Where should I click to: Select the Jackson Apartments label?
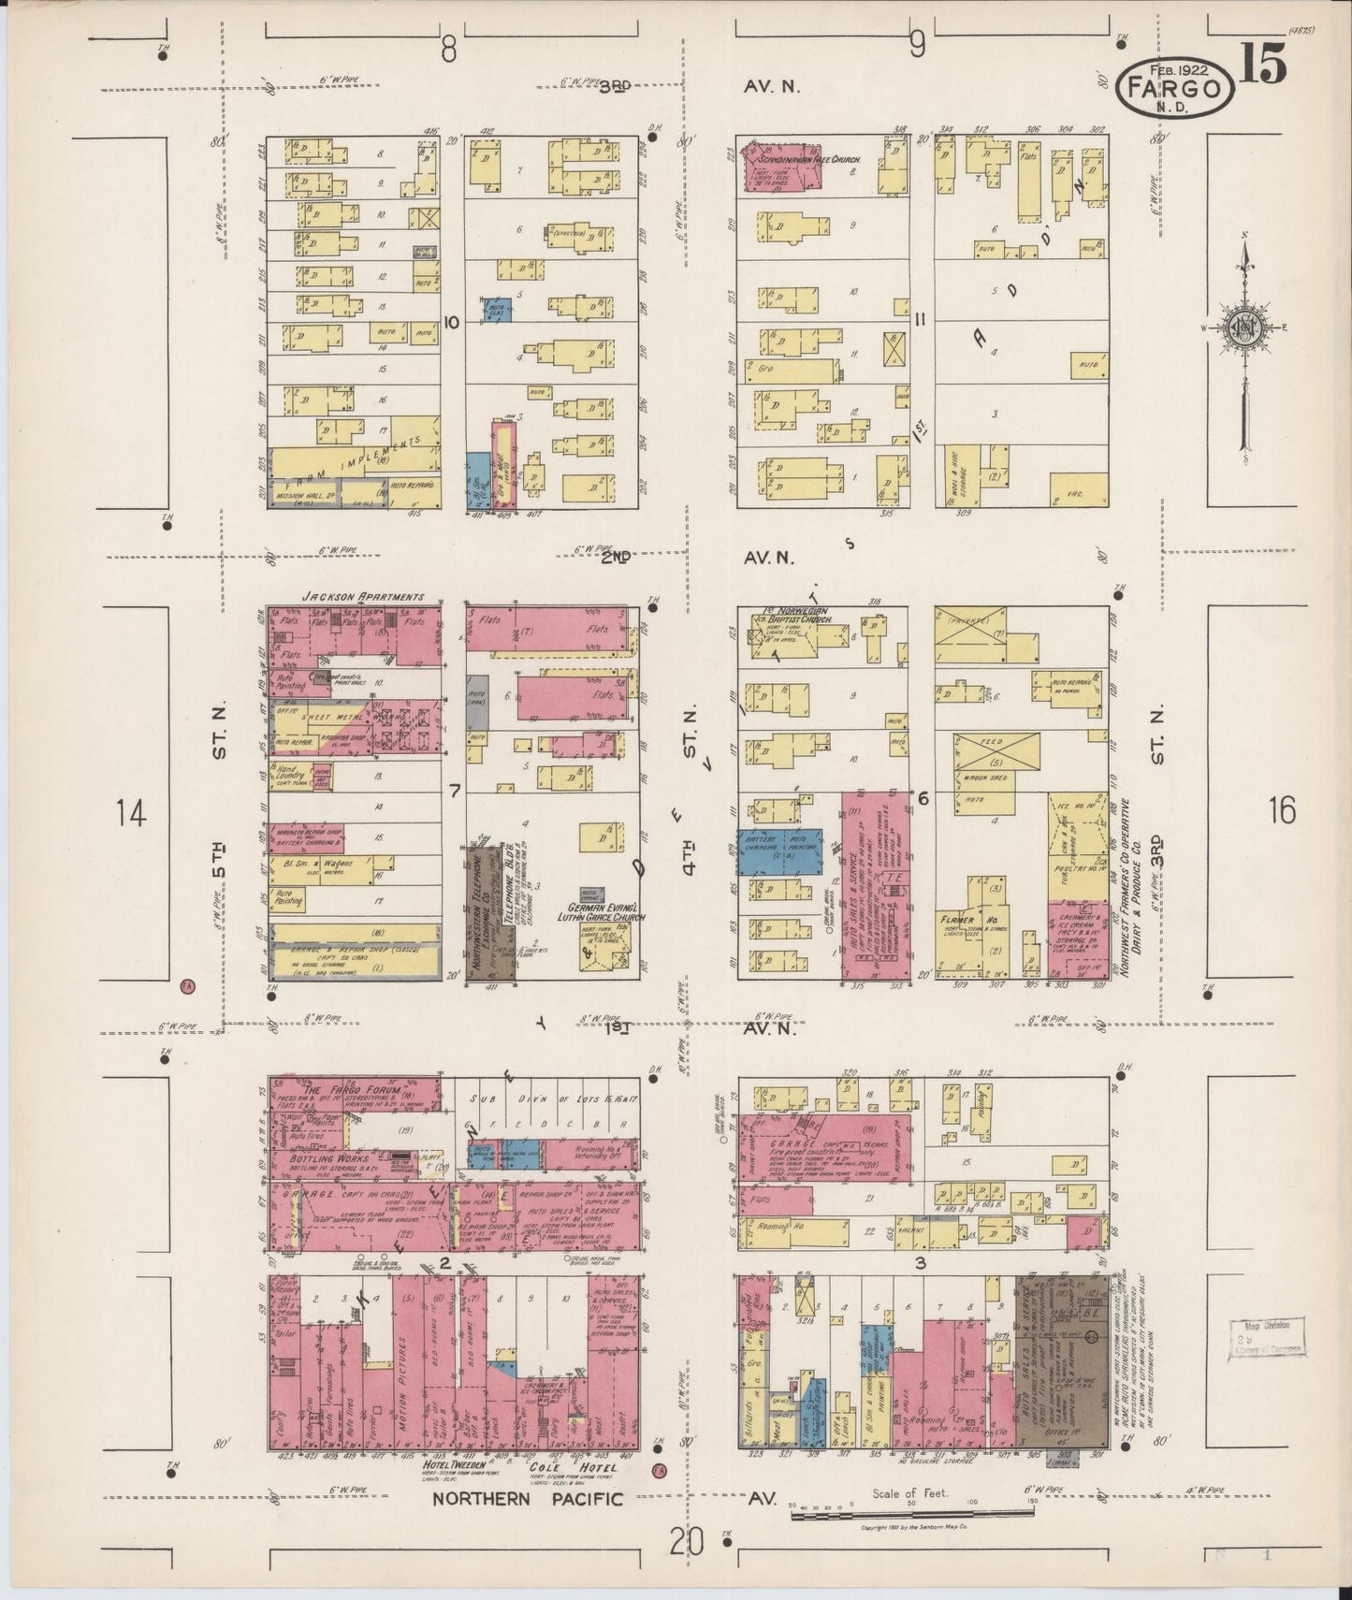pyautogui.click(x=363, y=596)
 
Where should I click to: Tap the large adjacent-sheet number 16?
pyautogui.click(x=1283, y=810)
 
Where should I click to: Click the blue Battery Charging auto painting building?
pyautogui.click(x=779, y=851)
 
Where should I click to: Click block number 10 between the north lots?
pyautogui.click(x=452, y=322)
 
